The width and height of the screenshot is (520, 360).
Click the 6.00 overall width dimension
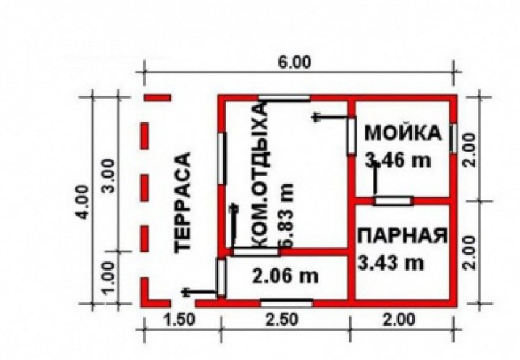pyautogui.click(x=294, y=62)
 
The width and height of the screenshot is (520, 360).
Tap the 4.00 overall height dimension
pyautogui.click(x=82, y=201)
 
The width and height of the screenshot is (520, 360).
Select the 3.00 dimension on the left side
pyautogui.click(x=108, y=176)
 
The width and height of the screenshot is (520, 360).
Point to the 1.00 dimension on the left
pyautogui.click(x=108, y=278)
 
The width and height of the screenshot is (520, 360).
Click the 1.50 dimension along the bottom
pyautogui.click(x=179, y=320)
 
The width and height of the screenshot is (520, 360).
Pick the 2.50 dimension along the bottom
pyautogui.click(x=282, y=320)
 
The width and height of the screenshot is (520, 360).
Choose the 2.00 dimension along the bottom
pyautogui.click(x=399, y=320)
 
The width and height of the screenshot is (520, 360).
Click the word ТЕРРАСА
pyautogui.click(x=183, y=203)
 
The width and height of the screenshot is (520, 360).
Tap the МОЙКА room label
pyautogui.click(x=403, y=133)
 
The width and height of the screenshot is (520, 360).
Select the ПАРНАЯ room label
pyautogui.click(x=403, y=236)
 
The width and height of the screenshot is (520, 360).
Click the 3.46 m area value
pyautogui.click(x=398, y=160)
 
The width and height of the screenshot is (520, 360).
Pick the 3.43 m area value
pyautogui.click(x=392, y=263)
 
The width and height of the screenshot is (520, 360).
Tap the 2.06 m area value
pyautogui.click(x=285, y=276)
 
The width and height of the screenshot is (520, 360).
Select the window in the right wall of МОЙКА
pyautogui.click(x=453, y=138)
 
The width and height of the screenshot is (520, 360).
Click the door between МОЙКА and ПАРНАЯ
pyautogui.click(x=393, y=201)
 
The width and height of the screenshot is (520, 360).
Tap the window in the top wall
pyautogui.click(x=284, y=97)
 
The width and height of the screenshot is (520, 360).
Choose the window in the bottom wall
pyautogui.click(x=286, y=303)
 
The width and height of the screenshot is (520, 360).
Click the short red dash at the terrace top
pyautogui.click(x=157, y=97)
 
